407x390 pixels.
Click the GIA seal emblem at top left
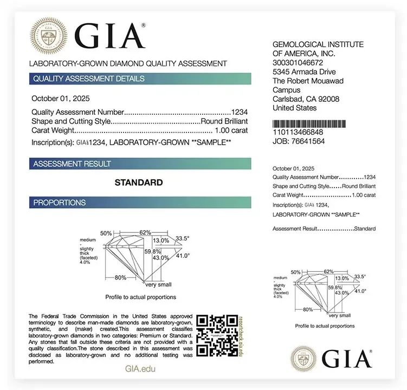[x=49, y=36]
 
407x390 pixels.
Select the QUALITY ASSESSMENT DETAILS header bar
[x=140, y=79]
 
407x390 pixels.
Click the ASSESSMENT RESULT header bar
[x=140, y=164]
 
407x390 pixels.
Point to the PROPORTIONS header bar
[x=140, y=203]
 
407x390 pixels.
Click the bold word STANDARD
[x=139, y=183]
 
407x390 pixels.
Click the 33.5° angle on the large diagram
[x=182, y=238]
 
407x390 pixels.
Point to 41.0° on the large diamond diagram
[x=183, y=256]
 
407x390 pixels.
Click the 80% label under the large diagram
[x=120, y=277]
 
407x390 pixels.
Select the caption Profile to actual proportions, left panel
[x=140, y=297]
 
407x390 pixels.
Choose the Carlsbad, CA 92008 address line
[x=306, y=99]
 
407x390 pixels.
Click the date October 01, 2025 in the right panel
[x=293, y=168]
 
